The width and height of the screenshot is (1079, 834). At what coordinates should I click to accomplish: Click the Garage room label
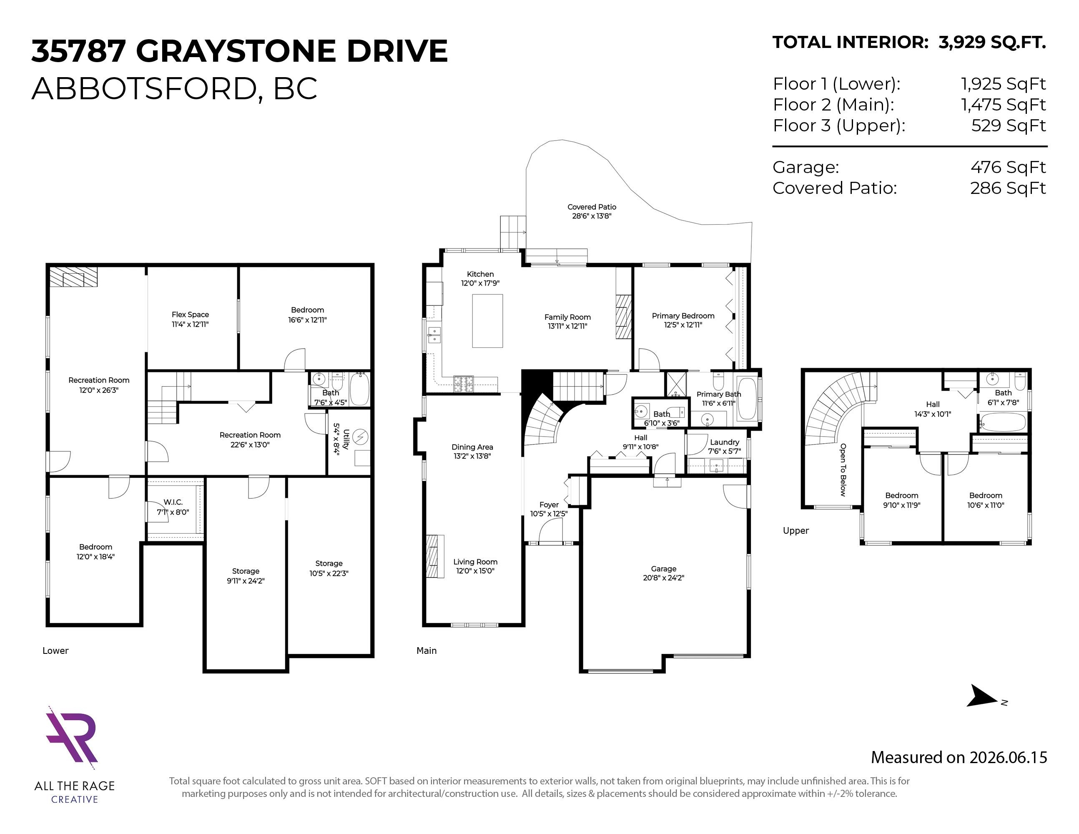tap(663, 573)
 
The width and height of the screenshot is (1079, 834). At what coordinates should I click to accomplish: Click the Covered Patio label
tap(592, 211)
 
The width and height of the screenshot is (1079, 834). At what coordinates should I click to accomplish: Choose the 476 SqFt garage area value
tap(1008, 167)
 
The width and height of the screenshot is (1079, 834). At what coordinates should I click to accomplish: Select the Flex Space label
tap(190, 319)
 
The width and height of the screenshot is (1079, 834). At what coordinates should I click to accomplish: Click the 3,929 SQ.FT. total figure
tap(992, 43)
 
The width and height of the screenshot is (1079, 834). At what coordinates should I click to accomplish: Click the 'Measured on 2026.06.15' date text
tap(959, 757)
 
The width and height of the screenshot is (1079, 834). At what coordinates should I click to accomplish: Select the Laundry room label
tap(725, 446)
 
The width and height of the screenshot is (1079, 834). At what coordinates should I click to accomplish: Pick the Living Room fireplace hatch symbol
tap(433, 556)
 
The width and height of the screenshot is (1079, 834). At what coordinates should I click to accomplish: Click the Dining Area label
tap(472, 451)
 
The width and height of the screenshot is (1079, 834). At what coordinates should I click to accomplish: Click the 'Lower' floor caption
tap(55, 651)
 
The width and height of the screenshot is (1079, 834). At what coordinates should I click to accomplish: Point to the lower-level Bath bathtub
tap(359, 389)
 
